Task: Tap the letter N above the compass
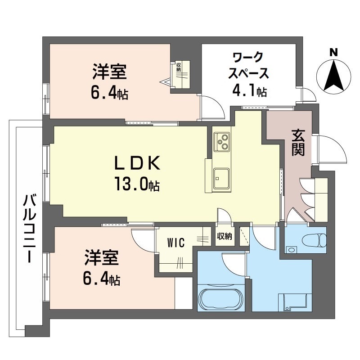coord(334,52)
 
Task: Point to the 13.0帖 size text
coord(137,184)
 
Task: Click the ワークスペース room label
coord(250,65)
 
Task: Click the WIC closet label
coord(175,243)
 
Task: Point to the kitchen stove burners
coord(221,141)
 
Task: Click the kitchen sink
coord(221,179)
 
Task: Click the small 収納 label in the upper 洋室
coord(179,67)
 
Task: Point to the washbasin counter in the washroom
coord(295,301)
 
